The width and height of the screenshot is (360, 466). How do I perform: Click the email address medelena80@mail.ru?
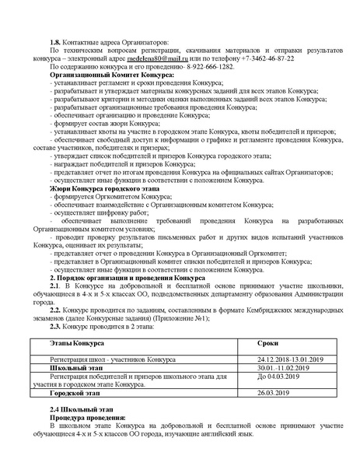coord(185,59)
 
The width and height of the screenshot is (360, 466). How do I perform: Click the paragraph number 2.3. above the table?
coord(57,328)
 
